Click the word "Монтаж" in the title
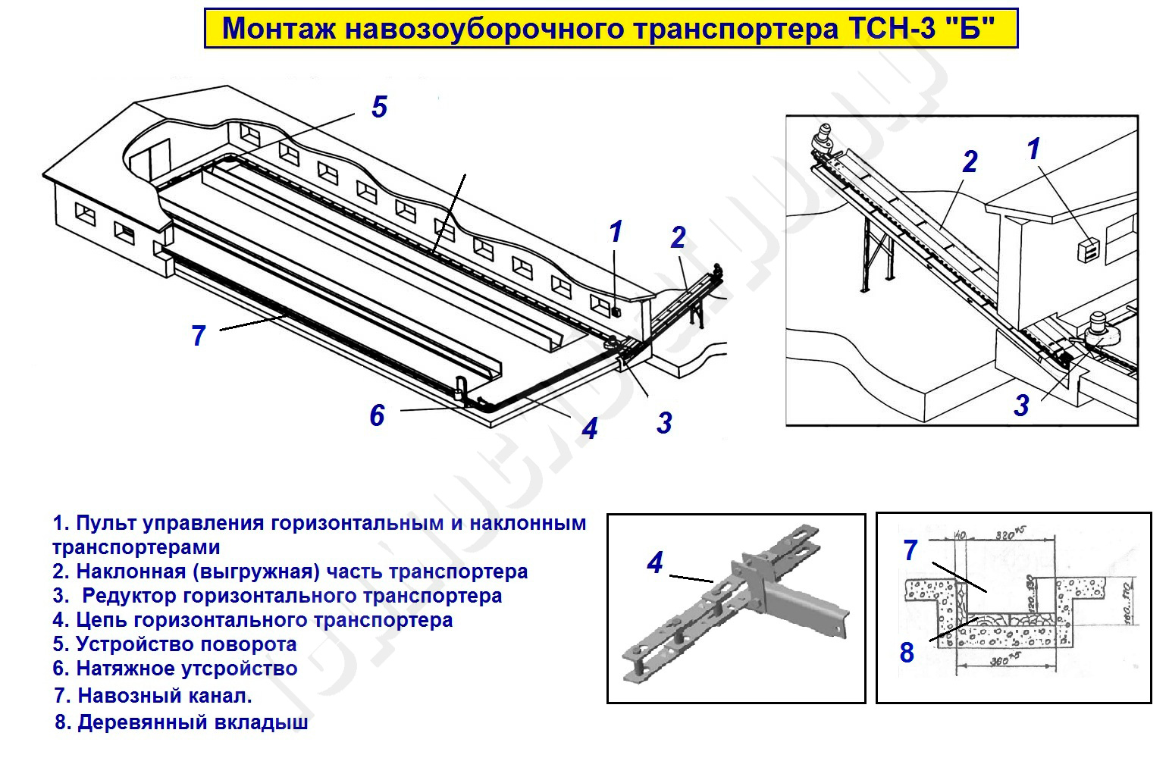(277, 30)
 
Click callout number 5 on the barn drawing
(379, 107)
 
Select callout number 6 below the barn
(377, 415)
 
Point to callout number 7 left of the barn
(199, 335)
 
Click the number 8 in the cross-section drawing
(907, 652)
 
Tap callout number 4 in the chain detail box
(655, 562)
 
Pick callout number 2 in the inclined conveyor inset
(970, 161)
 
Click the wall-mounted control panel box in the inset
(1089, 249)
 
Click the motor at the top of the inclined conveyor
(822, 137)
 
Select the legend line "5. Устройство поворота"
(174, 644)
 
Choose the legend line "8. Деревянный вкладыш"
(181, 722)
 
